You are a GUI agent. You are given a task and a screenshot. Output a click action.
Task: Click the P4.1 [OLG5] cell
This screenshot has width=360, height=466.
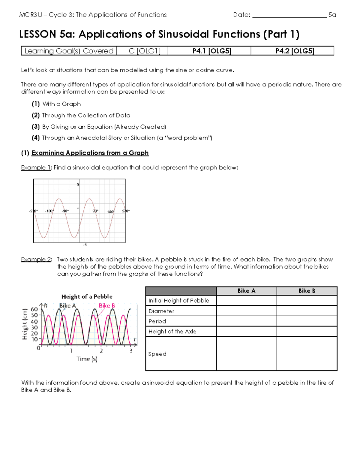click(x=211, y=51)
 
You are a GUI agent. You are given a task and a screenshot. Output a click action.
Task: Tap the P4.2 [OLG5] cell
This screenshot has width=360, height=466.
click(x=295, y=51)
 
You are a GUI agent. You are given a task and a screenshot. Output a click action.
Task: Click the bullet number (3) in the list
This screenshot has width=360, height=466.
click(x=36, y=127)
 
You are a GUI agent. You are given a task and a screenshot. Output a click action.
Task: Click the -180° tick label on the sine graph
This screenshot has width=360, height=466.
click(x=49, y=211)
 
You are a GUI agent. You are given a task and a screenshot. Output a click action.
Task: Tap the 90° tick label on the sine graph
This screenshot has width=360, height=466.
click(x=95, y=211)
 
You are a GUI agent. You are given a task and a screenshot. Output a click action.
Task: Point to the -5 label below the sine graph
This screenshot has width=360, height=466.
click(x=85, y=245)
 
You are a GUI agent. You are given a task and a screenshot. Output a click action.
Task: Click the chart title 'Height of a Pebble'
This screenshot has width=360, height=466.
click(x=87, y=296)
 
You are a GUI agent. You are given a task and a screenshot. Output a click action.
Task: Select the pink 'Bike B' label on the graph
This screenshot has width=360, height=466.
click(x=107, y=305)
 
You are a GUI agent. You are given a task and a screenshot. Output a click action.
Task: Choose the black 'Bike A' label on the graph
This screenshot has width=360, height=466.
click(x=67, y=305)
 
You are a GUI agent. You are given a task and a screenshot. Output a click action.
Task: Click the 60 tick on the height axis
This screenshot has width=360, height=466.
click(x=34, y=309)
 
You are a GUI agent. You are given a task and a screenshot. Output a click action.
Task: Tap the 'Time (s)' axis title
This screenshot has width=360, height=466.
click(x=87, y=359)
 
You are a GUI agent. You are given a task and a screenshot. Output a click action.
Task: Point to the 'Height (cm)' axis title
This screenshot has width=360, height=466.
click(x=25, y=324)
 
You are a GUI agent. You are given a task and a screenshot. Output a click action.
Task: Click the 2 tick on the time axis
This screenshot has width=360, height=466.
click(x=101, y=351)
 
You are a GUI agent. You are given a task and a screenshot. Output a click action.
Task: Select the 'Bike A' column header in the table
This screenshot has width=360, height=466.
click(x=246, y=291)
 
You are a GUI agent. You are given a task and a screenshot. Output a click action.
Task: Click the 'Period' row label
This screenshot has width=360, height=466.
click(x=157, y=321)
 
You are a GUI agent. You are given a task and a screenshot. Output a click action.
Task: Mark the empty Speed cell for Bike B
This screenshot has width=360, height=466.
click(x=307, y=354)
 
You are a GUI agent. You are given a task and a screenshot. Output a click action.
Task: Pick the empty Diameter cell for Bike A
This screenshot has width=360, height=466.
click(x=246, y=311)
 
